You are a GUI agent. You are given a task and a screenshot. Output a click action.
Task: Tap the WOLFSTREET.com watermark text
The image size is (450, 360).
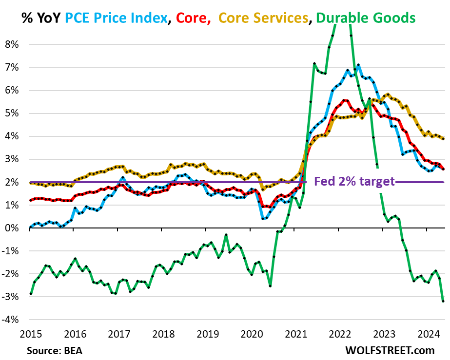(x=390, y=350)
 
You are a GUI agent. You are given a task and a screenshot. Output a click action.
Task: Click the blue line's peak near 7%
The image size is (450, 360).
(x=358, y=65)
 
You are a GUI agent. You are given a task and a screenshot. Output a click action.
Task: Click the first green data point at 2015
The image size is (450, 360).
(x=30, y=294)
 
